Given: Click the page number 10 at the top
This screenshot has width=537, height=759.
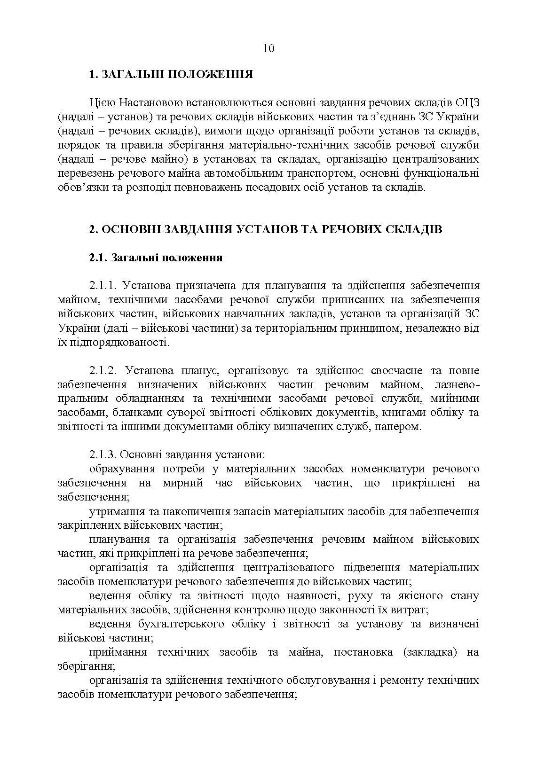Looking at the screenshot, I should (268, 48).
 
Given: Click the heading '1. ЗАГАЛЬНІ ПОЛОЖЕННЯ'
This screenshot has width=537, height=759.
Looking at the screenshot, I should (171, 75).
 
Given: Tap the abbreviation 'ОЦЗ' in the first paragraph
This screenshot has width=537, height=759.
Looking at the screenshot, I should (468, 102).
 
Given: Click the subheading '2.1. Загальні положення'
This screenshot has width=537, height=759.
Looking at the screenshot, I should (156, 258).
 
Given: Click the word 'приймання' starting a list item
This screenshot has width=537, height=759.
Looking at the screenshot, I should (118, 652).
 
